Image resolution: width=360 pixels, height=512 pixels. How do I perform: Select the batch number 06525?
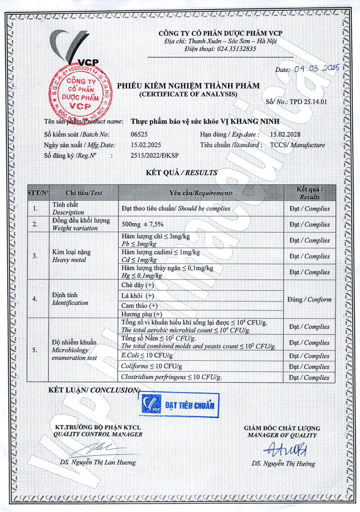pos(140,134)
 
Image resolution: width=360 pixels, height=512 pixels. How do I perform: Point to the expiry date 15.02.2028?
pos(285,134)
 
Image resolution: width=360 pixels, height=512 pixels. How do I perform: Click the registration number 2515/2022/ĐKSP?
pos(155,155)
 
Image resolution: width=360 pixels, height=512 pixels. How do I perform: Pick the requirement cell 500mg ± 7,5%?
pos(142,225)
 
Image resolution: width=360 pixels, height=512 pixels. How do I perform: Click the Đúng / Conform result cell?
pos(310,300)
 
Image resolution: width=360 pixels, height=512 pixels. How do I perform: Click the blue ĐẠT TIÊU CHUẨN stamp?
pos(176,405)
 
